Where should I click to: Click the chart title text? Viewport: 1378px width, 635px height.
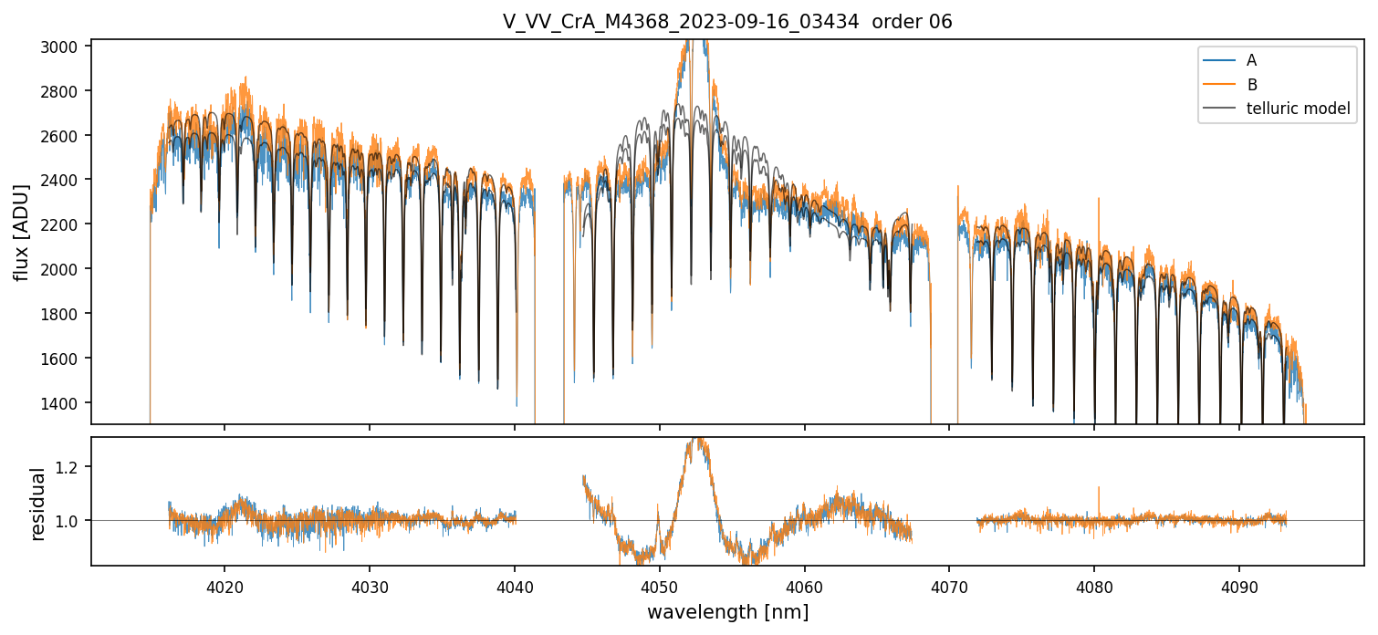[727, 22]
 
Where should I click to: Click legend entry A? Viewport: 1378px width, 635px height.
[1251, 60]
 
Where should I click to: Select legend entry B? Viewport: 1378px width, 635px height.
[1251, 85]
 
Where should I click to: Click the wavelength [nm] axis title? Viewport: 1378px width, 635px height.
[727, 612]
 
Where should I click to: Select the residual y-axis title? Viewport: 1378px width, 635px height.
[37, 504]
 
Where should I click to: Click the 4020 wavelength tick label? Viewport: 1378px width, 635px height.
[224, 587]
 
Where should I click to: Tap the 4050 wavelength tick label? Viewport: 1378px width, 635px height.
[659, 587]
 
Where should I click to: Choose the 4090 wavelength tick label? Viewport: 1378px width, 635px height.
[1239, 587]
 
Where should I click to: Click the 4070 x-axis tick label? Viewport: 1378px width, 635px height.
[949, 587]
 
